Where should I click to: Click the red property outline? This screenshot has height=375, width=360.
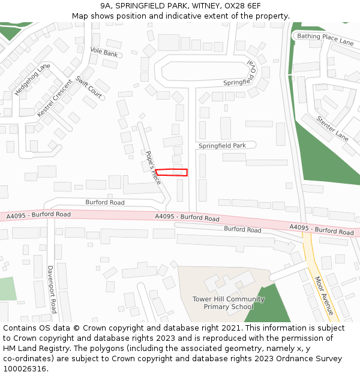[172, 172]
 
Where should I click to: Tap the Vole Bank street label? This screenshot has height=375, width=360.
[104, 53]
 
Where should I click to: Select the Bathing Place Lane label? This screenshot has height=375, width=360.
[325, 39]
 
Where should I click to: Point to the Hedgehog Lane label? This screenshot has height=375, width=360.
[32, 80]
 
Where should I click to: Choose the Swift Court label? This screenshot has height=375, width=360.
[89, 87]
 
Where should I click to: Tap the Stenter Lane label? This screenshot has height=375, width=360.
[332, 128]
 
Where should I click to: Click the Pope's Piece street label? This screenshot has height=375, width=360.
[153, 166]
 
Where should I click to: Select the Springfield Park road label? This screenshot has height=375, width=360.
[222, 146]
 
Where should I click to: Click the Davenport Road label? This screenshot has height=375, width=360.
[52, 289]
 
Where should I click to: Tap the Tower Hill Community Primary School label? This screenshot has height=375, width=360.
[228, 303]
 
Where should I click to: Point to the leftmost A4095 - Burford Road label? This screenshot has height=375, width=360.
[38, 215]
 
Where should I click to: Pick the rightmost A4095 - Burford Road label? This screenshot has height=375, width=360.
[321, 229]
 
